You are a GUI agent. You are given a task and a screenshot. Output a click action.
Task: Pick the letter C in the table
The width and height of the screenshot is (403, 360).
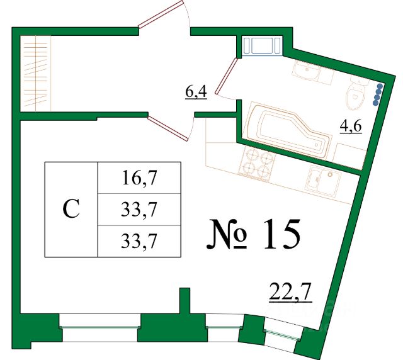pyautogui.click(x=72, y=209)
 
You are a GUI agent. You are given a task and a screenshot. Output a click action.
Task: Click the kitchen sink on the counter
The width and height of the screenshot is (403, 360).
pyautogui.click(x=322, y=182)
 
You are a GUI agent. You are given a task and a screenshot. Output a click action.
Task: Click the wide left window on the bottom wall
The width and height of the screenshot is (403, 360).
pyautogui.click(x=99, y=322)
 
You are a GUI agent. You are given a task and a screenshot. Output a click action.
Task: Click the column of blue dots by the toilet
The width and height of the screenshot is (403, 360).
pyautogui.click(x=378, y=95)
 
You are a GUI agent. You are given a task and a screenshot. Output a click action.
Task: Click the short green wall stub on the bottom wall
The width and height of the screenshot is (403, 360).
pyautogui.click(x=184, y=301)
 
